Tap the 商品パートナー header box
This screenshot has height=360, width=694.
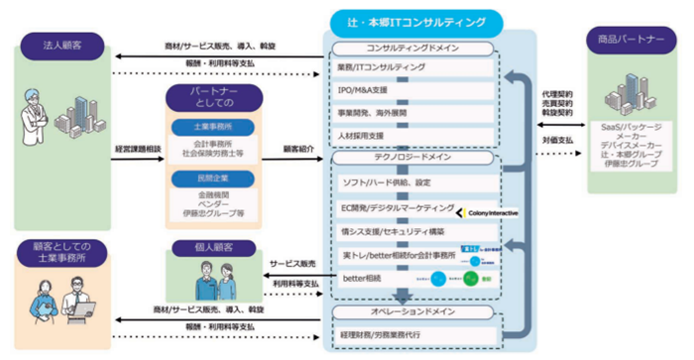632,39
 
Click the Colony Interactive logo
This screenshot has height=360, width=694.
488,212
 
